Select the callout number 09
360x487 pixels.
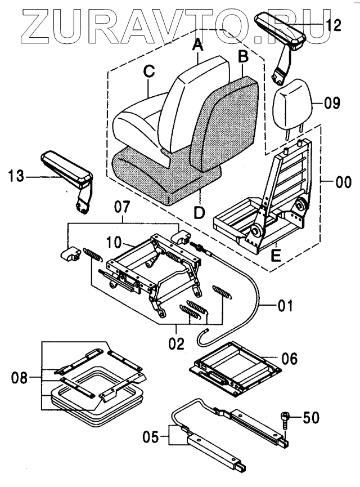coord(332,102)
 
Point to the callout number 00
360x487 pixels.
coord(343,182)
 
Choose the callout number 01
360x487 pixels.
coord(285,306)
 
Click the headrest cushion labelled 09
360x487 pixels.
coord(291,104)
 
